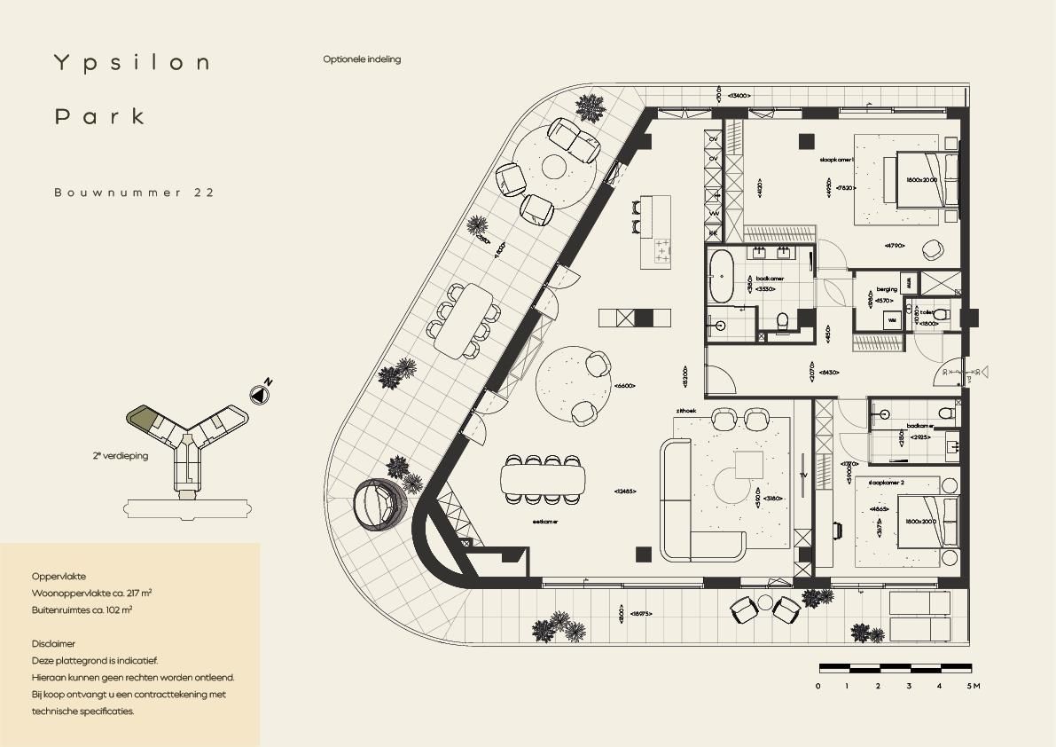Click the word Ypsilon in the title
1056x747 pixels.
coord(132,63)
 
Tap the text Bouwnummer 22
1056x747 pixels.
coord(134,192)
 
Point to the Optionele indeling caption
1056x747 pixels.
coord(362,59)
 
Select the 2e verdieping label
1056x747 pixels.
coord(125,455)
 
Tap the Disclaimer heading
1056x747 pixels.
coord(53,644)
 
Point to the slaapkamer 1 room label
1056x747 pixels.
coord(837,160)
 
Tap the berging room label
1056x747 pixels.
coord(886,289)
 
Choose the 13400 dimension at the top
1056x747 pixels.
coord(739,95)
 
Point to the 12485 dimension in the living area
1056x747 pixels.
coord(624,491)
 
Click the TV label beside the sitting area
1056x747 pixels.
coord(802,474)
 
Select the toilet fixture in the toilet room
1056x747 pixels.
coord(941,313)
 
